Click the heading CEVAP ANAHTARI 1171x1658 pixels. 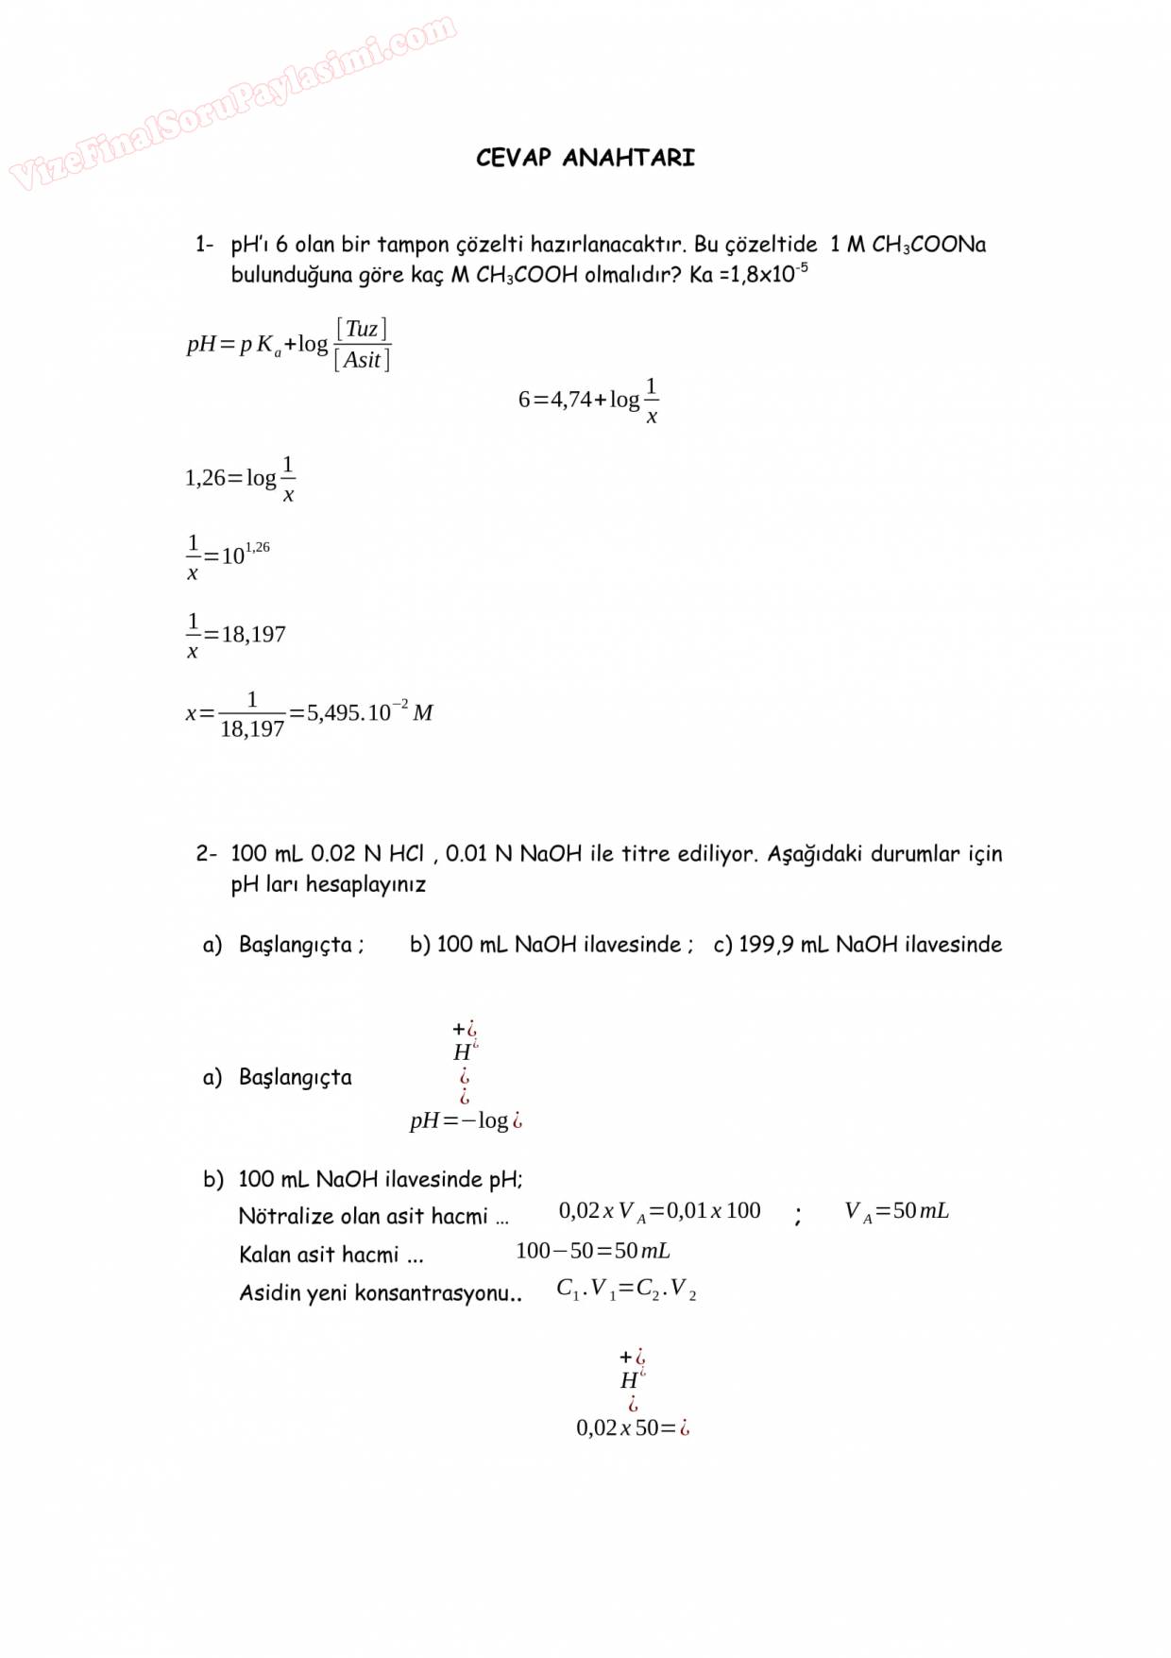(x=585, y=158)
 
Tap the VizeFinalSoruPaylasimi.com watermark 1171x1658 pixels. (x=232, y=103)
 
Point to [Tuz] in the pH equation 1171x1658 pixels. (x=362, y=329)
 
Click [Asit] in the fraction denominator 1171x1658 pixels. (x=362, y=360)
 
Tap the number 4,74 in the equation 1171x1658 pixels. (x=571, y=400)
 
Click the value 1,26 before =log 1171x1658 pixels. (x=205, y=478)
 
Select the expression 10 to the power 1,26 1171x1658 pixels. (x=245, y=554)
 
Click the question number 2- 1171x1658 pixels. (x=206, y=854)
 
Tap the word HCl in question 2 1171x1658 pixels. (x=406, y=854)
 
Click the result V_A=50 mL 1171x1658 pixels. (x=896, y=1211)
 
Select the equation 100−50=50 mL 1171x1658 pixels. (x=593, y=1251)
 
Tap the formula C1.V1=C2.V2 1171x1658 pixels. (x=626, y=1290)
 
